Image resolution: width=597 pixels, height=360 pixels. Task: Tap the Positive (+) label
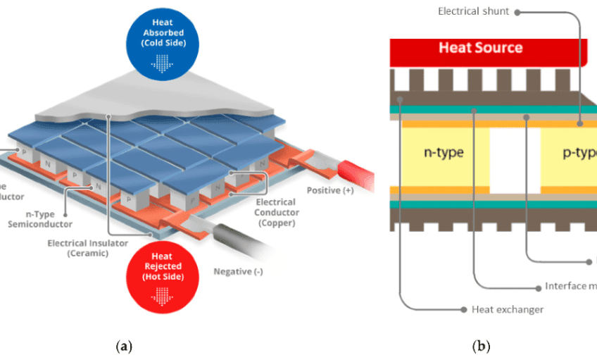(x=330, y=191)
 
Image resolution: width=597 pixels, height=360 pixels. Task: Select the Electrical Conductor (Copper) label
(x=276, y=213)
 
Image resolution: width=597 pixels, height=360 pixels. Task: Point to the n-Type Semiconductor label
(x=40, y=219)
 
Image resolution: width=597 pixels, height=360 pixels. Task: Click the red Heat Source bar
(x=480, y=48)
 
